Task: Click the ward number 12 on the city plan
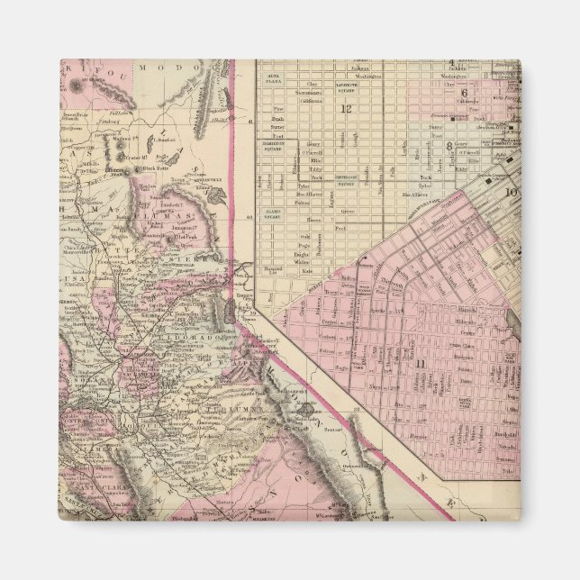pos(343,109)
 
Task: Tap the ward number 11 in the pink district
pos(420,362)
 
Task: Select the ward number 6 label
pos(464,93)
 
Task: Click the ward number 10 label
pos(510,191)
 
